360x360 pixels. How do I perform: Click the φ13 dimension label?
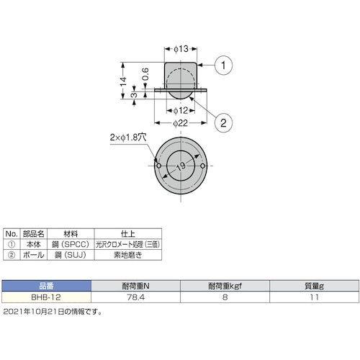point(181,50)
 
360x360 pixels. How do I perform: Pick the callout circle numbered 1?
point(224,66)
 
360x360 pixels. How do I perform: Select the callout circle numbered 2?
point(224,123)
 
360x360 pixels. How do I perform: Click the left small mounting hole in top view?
point(158,167)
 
